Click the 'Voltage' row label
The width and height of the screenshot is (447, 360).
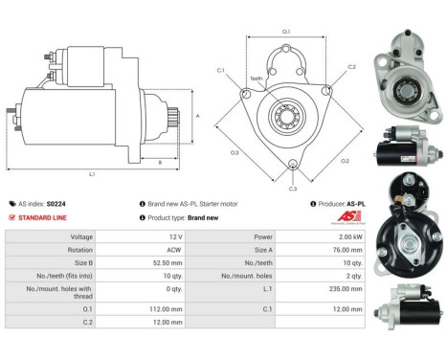coord(81,236)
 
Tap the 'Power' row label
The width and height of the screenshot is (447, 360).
coord(264,236)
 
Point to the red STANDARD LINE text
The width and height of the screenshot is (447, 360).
coord(44,217)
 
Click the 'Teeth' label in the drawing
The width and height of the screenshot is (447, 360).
coord(256,79)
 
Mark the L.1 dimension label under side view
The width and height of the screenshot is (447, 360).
coord(92,174)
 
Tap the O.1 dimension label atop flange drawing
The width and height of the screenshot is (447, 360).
coord(285,32)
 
